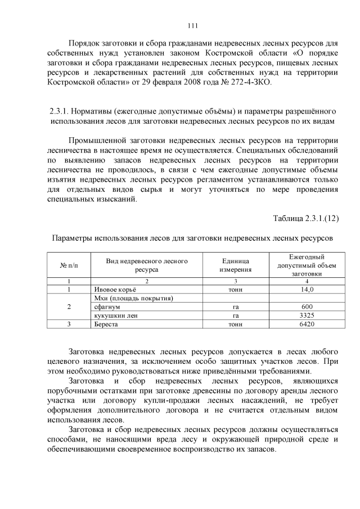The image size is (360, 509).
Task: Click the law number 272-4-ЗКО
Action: (249, 83)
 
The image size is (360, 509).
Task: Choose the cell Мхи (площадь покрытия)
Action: (133, 298)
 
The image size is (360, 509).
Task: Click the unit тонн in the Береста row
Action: (235, 325)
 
